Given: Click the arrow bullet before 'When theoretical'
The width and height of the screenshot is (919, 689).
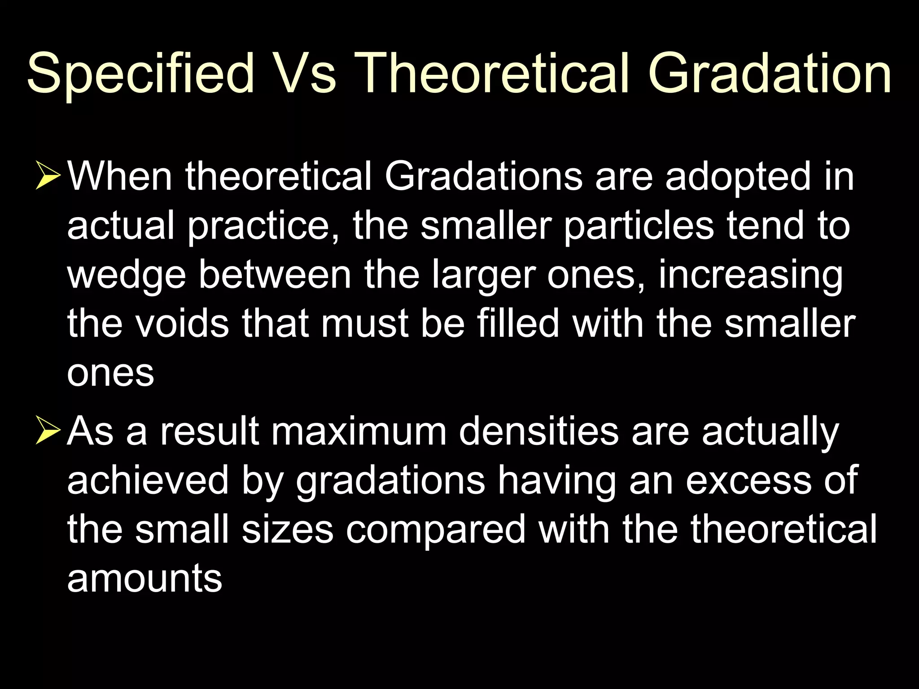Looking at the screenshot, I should (48, 177).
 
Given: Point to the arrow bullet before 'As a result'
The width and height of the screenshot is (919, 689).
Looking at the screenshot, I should (48, 432).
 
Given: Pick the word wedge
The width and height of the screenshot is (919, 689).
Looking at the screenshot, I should (126, 276).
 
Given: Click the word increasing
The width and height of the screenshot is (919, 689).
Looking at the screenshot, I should (750, 276).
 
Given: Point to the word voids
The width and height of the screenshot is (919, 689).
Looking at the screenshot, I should (182, 323).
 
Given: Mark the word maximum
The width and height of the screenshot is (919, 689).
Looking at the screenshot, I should (359, 432).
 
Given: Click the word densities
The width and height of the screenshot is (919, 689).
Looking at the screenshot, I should (538, 432).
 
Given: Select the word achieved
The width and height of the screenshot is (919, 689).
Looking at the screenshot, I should (148, 480).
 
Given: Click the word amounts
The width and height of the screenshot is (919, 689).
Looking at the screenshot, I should (144, 579).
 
